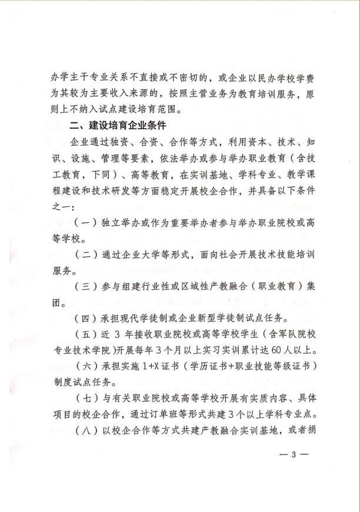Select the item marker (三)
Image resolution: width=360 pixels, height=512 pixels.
84,287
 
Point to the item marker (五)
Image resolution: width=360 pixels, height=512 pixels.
84,336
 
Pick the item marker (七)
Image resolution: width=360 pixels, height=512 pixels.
84,400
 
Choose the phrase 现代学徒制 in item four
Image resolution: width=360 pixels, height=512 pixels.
137,320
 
